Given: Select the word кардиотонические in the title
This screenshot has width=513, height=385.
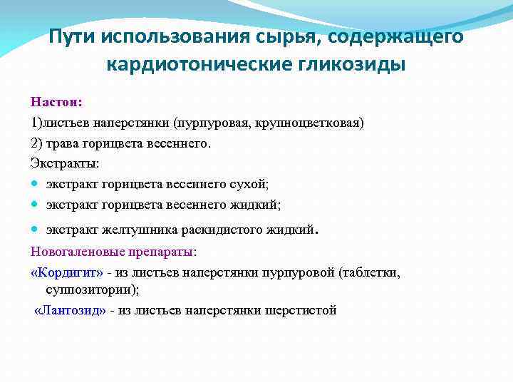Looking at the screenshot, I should [x=192, y=64].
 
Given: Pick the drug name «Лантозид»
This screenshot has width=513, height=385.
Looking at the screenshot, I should [x=70, y=310].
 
